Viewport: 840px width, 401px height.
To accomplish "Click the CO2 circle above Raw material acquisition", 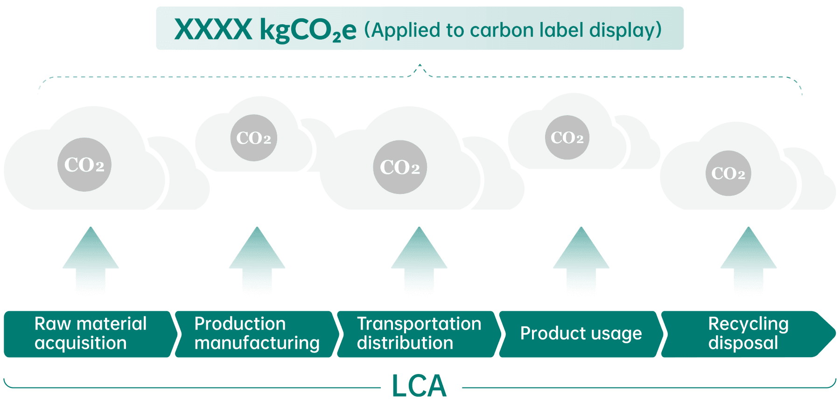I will pyautogui.click(x=84, y=165).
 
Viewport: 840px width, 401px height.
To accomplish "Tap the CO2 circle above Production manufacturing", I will pyautogui.click(x=253, y=138).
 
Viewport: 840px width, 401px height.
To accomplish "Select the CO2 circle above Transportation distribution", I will pyautogui.click(x=400, y=167).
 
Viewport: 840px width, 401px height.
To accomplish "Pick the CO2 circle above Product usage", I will pyautogui.click(x=567, y=138).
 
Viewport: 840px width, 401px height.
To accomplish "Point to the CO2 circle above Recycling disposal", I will pyautogui.click(x=728, y=173).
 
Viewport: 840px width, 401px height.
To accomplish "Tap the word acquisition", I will pyautogui.click(x=81, y=343).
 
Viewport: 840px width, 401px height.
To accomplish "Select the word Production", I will pyautogui.click(x=240, y=324).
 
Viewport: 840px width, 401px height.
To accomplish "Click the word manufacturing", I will pyautogui.click(x=257, y=343).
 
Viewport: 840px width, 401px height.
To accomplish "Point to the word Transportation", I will pyautogui.click(x=419, y=324).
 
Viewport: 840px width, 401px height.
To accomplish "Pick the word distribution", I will pyautogui.click(x=405, y=343).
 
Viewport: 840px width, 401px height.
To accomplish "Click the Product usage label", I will pyautogui.click(x=581, y=333).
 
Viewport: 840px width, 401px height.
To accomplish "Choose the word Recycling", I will pyautogui.click(x=749, y=324).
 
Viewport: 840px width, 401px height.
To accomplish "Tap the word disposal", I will pyautogui.click(x=743, y=343).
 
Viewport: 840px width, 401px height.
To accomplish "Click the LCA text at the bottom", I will pyautogui.click(x=419, y=386).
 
